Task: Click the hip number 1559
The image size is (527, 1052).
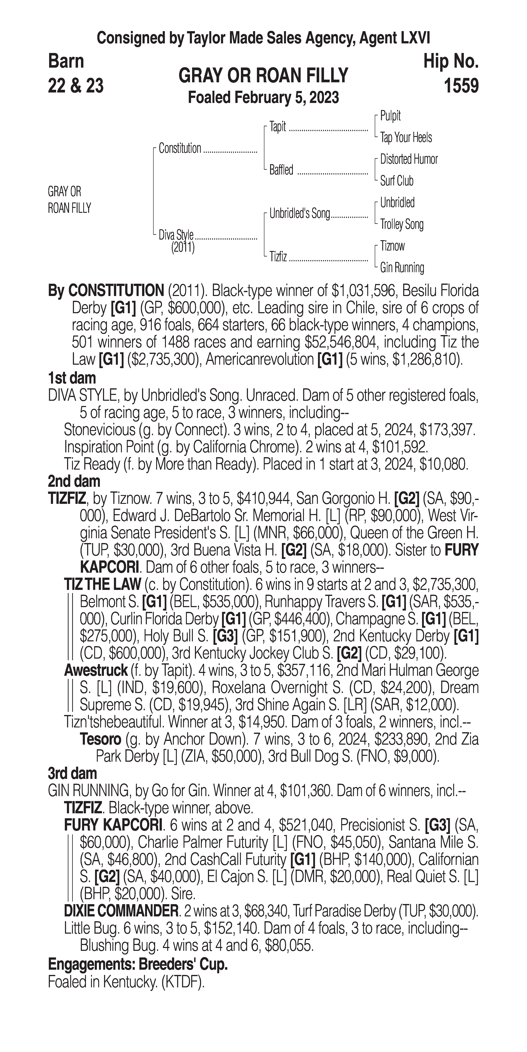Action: coord(461,86)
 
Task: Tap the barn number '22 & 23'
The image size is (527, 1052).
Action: coord(76,86)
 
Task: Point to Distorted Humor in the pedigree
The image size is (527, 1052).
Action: coord(409,159)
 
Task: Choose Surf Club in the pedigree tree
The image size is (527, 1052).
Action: coord(397,181)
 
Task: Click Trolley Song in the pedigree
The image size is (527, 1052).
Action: coord(402,224)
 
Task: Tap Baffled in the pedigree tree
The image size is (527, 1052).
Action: coord(281,170)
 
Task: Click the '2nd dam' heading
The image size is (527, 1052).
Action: coord(74,482)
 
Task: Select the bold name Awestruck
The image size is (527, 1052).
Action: coord(96,670)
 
